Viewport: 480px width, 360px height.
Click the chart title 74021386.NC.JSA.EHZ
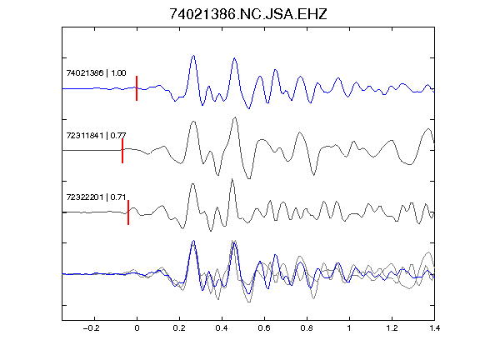248,14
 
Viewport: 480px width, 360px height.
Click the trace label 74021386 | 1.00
96,72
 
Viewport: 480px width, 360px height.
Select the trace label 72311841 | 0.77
96,135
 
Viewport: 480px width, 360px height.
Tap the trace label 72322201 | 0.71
96,197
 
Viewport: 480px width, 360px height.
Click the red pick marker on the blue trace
137,88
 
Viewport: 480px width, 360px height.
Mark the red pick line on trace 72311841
122,151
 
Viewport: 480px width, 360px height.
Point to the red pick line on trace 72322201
128,212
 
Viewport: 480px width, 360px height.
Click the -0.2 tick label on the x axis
91,328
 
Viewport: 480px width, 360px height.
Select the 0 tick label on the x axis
137,328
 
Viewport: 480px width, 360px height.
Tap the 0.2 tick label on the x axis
179,328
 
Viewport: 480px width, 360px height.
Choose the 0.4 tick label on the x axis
222,328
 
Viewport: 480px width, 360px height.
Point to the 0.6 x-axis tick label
264,328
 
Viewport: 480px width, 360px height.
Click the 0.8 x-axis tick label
307,328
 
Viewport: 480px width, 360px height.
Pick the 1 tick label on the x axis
349,328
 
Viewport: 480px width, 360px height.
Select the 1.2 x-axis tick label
392,328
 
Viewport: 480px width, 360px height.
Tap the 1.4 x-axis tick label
434,328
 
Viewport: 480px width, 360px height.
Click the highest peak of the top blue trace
193,55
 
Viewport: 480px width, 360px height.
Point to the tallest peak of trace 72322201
232,179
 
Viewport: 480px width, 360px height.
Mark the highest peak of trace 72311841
235,117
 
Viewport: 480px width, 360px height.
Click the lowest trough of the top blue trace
249,108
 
